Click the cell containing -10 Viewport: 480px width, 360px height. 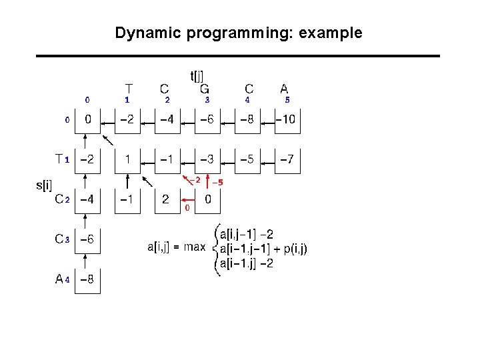click(287, 120)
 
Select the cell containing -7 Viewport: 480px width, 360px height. click(287, 160)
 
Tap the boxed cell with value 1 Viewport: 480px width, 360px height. click(127, 160)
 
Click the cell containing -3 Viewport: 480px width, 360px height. click(208, 160)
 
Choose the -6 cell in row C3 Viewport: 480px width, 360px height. click(87, 239)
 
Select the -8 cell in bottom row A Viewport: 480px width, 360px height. click(87, 279)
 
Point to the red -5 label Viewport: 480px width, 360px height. click(217, 182)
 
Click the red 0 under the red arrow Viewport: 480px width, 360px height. click(187, 208)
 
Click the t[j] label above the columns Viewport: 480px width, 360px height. click(197, 77)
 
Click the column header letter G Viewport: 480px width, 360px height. click(205, 88)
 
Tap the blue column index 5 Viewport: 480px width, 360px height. click(287, 100)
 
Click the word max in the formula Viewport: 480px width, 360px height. click(195, 247)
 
